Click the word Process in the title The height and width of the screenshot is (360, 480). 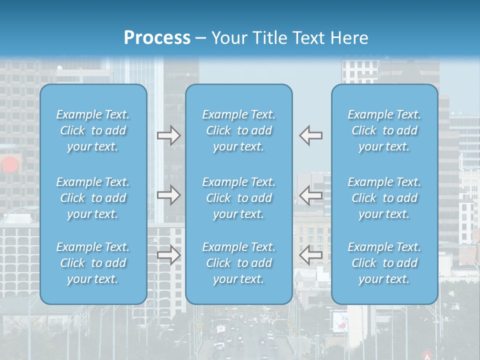(x=157, y=38)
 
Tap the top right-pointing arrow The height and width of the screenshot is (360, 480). (x=169, y=135)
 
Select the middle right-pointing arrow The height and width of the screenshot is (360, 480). (x=169, y=195)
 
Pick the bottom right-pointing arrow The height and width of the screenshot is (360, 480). (x=169, y=255)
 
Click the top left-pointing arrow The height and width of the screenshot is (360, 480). (x=310, y=135)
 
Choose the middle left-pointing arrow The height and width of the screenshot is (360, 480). (x=310, y=195)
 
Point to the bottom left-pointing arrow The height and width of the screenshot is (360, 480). (x=310, y=255)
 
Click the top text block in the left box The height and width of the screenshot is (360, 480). (x=93, y=130)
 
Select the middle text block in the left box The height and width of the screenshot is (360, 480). (x=93, y=198)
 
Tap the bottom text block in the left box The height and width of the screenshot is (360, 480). (x=93, y=263)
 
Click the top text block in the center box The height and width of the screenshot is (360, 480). (x=239, y=130)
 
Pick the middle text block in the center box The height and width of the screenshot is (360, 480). (x=239, y=198)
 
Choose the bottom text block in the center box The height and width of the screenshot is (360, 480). (x=239, y=263)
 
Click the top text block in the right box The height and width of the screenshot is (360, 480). (x=384, y=130)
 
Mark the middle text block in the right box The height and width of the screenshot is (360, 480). (x=384, y=198)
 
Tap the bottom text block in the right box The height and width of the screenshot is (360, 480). (x=384, y=263)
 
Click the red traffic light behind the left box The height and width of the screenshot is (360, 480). (x=10, y=165)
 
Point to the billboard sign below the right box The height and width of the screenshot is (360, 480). (x=339, y=320)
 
